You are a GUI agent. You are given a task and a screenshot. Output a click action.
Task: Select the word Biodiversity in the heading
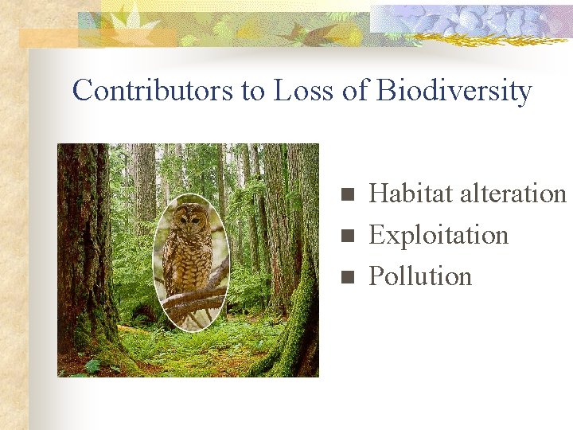tap(454, 91)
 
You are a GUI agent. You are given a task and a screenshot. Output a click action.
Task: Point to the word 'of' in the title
tap(354, 91)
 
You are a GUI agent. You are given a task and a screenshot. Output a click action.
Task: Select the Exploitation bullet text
tap(439, 235)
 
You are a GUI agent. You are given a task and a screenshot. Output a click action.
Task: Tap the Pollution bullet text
tap(420, 276)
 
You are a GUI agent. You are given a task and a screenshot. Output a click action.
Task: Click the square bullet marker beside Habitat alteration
tap(345, 194)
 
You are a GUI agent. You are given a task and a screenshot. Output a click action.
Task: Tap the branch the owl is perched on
tap(194, 300)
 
